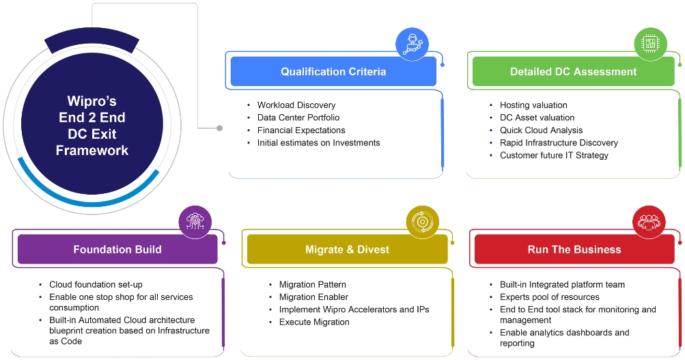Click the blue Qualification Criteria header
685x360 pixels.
[333, 72]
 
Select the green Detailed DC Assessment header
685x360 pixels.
[573, 72]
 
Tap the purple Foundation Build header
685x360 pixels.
[117, 249]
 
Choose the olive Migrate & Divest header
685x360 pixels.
[347, 249]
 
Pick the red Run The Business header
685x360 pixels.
[574, 249]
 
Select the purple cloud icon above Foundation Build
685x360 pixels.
[195, 222]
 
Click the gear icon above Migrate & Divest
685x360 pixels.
[423, 222]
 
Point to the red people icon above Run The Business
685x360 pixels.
[649, 222]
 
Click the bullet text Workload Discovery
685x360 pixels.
[296, 105]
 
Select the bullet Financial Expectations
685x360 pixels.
[301, 130]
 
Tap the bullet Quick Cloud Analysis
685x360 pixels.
[541, 130]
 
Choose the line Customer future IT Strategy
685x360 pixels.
[554, 155]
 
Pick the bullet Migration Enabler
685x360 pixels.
[313, 297]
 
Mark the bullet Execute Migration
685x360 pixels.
[314, 322]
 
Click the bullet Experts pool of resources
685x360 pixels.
[549, 297]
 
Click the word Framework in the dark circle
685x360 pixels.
[92, 150]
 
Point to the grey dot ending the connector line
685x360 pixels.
[219, 128]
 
